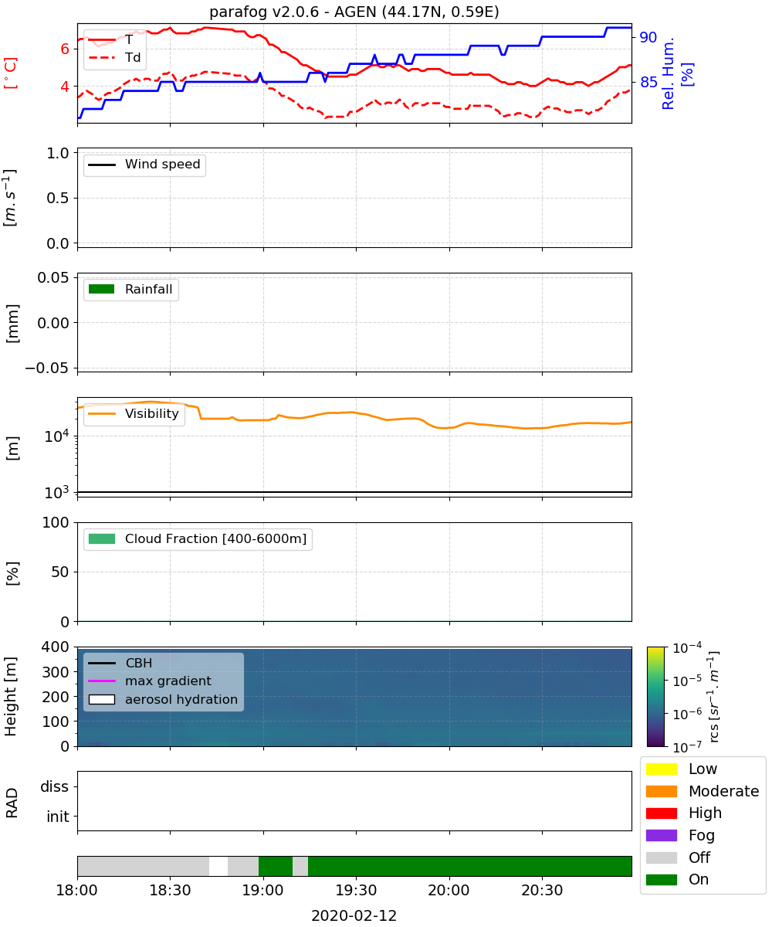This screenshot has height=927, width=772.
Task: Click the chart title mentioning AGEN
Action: (354, 12)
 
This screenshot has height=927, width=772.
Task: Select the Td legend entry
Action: (114, 57)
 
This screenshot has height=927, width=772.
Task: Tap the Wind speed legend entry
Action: (144, 165)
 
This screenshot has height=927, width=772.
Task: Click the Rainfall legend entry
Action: (130, 289)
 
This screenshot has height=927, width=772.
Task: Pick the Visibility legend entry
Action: (134, 413)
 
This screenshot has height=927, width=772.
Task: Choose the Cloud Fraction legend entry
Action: (198, 538)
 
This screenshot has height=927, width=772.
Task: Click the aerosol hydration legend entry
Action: (163, 699)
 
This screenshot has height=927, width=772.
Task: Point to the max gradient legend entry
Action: (150, 681)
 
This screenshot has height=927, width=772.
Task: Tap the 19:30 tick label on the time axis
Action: (356, 890)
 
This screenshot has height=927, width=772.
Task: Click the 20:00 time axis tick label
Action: (449, 890)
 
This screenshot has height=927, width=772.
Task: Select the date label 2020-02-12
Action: (354, 915)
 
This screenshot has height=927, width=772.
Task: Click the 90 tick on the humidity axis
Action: (648, 37)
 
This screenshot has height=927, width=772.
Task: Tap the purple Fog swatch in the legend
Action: (661, 835)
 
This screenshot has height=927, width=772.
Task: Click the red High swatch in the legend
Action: (661, 813)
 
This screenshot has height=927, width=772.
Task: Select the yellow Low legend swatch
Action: (661, 769)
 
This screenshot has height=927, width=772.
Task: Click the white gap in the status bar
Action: (218, 866)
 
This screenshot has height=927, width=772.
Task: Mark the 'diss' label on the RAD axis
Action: (54, 786)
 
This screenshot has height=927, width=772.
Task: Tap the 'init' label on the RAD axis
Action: (58, 817)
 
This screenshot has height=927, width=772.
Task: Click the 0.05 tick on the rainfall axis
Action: (53, 277)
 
